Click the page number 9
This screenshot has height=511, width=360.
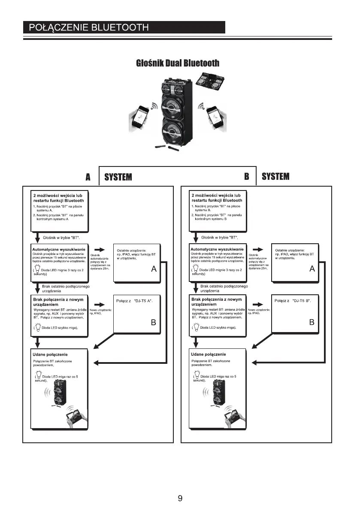180,498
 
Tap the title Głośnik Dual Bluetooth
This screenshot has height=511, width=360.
178,63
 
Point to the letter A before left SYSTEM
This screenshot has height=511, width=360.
88,177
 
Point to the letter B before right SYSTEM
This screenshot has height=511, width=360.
247,176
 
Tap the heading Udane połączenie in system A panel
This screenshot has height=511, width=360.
51,355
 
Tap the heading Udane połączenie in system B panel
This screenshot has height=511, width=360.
209,355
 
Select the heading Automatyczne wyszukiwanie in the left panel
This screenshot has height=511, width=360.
58,249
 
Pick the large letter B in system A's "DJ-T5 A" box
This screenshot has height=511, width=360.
153,323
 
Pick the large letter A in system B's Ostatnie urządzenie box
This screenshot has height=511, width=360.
312,269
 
